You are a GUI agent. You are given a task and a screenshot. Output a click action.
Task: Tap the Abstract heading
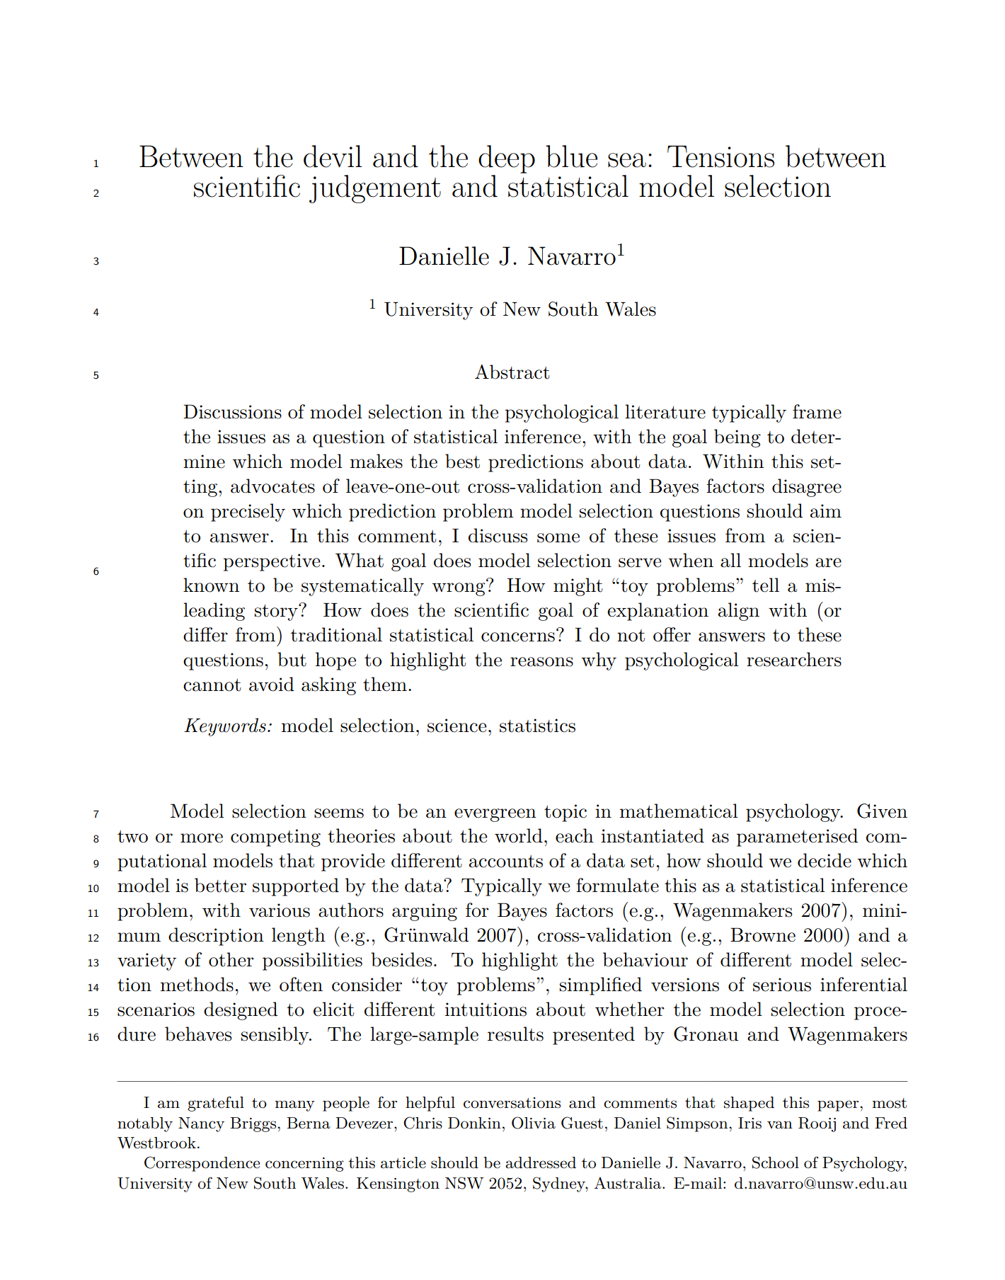512,372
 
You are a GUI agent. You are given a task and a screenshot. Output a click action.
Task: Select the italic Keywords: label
228,726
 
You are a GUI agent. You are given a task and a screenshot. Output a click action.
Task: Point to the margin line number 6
96,571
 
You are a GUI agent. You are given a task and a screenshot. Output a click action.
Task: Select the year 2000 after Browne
827,935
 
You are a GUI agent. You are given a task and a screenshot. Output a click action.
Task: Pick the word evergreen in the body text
494,811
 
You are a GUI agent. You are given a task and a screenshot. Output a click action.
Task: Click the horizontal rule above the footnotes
512,1081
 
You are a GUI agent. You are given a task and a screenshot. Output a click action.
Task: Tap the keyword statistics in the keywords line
537,726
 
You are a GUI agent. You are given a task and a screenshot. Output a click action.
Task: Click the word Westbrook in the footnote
157,1143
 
